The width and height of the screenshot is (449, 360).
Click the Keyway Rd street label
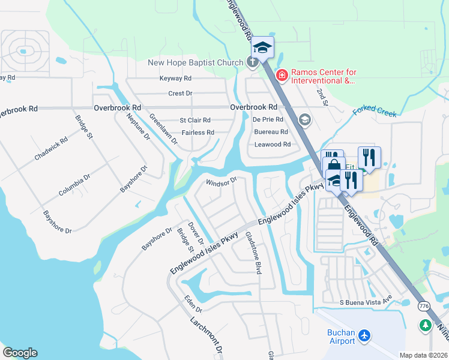click(x=175, y=79)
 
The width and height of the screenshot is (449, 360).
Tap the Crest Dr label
click(x=180, y=94)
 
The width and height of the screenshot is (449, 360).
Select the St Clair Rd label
click(x=195, y=121)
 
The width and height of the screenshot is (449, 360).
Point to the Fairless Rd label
click(x=197, y=133)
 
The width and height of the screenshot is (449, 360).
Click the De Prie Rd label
click(x=268, y=120)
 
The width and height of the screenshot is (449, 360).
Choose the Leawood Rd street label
click(x=273, y=145)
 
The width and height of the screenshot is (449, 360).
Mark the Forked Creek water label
click(x=375, y=111)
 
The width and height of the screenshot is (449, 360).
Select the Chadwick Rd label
click(x=51, y=148)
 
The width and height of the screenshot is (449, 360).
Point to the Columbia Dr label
click(x=74, y=185)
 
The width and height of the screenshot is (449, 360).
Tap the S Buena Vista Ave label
click(x=366, y=302)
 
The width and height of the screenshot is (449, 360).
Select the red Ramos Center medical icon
click(x=281, y=76)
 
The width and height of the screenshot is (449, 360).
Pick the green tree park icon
click(x=426, y=325)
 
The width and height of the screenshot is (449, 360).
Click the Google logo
click(x=20, y=352)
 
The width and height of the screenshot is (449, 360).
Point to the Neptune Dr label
click(x=139, y=128)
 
